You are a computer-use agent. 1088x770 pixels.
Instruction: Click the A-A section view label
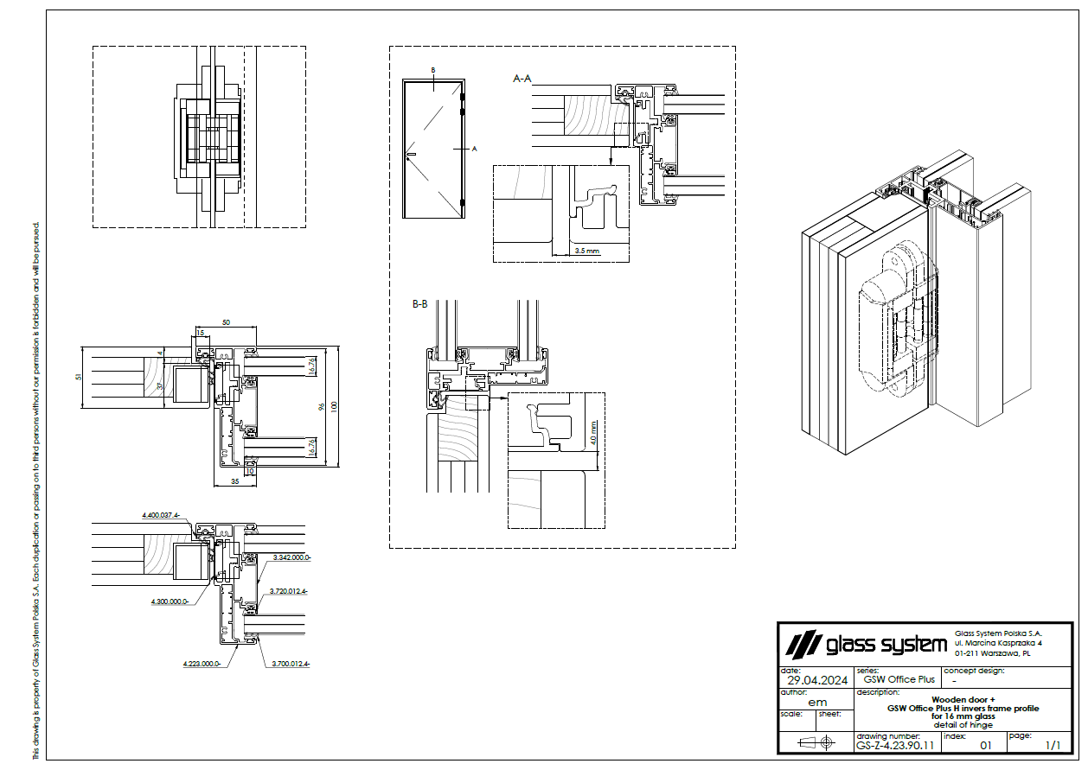click(x=522, y=79)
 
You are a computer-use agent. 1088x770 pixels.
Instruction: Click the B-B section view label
click(x=420, y=304)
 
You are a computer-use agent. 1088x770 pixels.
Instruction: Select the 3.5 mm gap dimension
click(x=586, y=251)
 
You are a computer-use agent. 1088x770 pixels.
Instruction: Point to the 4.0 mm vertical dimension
click(x=594, y=432)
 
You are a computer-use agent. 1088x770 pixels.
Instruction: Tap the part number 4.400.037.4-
click(x=160, y=515)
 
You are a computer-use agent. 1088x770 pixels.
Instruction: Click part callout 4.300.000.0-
click(x=170, y=601)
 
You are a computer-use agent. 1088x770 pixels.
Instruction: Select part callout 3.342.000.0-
click(x=291, y=558)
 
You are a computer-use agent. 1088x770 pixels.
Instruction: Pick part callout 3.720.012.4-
click(x=291, y=591)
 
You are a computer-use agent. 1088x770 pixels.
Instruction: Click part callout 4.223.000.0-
click(x=202, y=664)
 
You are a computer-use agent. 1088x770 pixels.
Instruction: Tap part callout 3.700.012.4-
click(x=291, y=664)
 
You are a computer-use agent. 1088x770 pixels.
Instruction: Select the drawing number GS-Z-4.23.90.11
click(x=895, y=744)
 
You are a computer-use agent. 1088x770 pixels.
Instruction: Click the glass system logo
click(x=865, y=645)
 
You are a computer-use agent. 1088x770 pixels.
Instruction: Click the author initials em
click(x=816, y=702)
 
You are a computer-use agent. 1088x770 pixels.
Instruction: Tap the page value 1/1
click(x=1053, y=744)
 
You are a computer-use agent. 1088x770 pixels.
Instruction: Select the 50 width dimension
click(x=226, y=322)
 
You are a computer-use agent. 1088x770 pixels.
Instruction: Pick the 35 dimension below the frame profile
click(x=234, y=480)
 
